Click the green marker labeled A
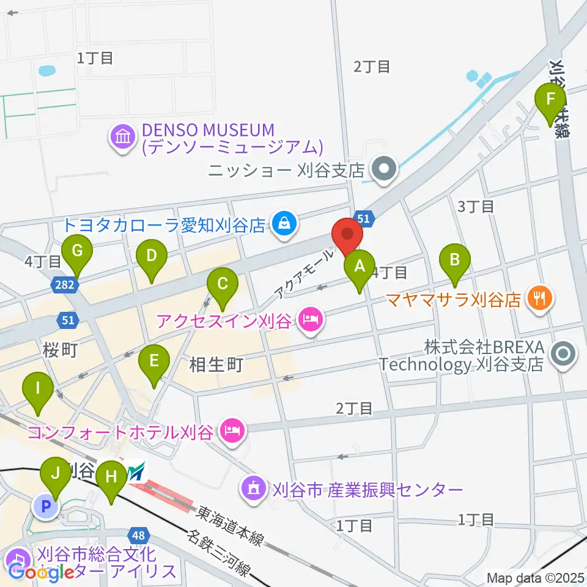[x=360, y=267]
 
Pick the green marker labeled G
[x=77, y=252]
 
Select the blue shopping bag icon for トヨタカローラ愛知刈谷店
[x=284, y=224]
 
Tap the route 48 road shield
[x=139, y=536]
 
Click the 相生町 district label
[x=216, y=366]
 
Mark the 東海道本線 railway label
[x=231, y=524]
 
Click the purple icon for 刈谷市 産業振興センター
[x=254, y=489]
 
